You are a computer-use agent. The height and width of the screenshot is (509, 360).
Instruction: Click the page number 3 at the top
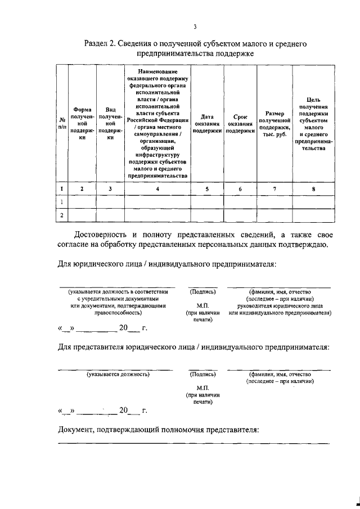tap(194, 26)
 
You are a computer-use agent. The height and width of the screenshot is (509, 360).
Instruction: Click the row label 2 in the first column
tap(61, 215)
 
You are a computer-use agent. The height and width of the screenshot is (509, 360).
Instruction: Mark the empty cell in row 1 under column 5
tap(206, 201)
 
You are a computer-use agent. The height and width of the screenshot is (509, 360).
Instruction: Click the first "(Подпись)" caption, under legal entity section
tap(202, 292)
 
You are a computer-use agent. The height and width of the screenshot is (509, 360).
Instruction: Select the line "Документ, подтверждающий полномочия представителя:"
tap(159, 430)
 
